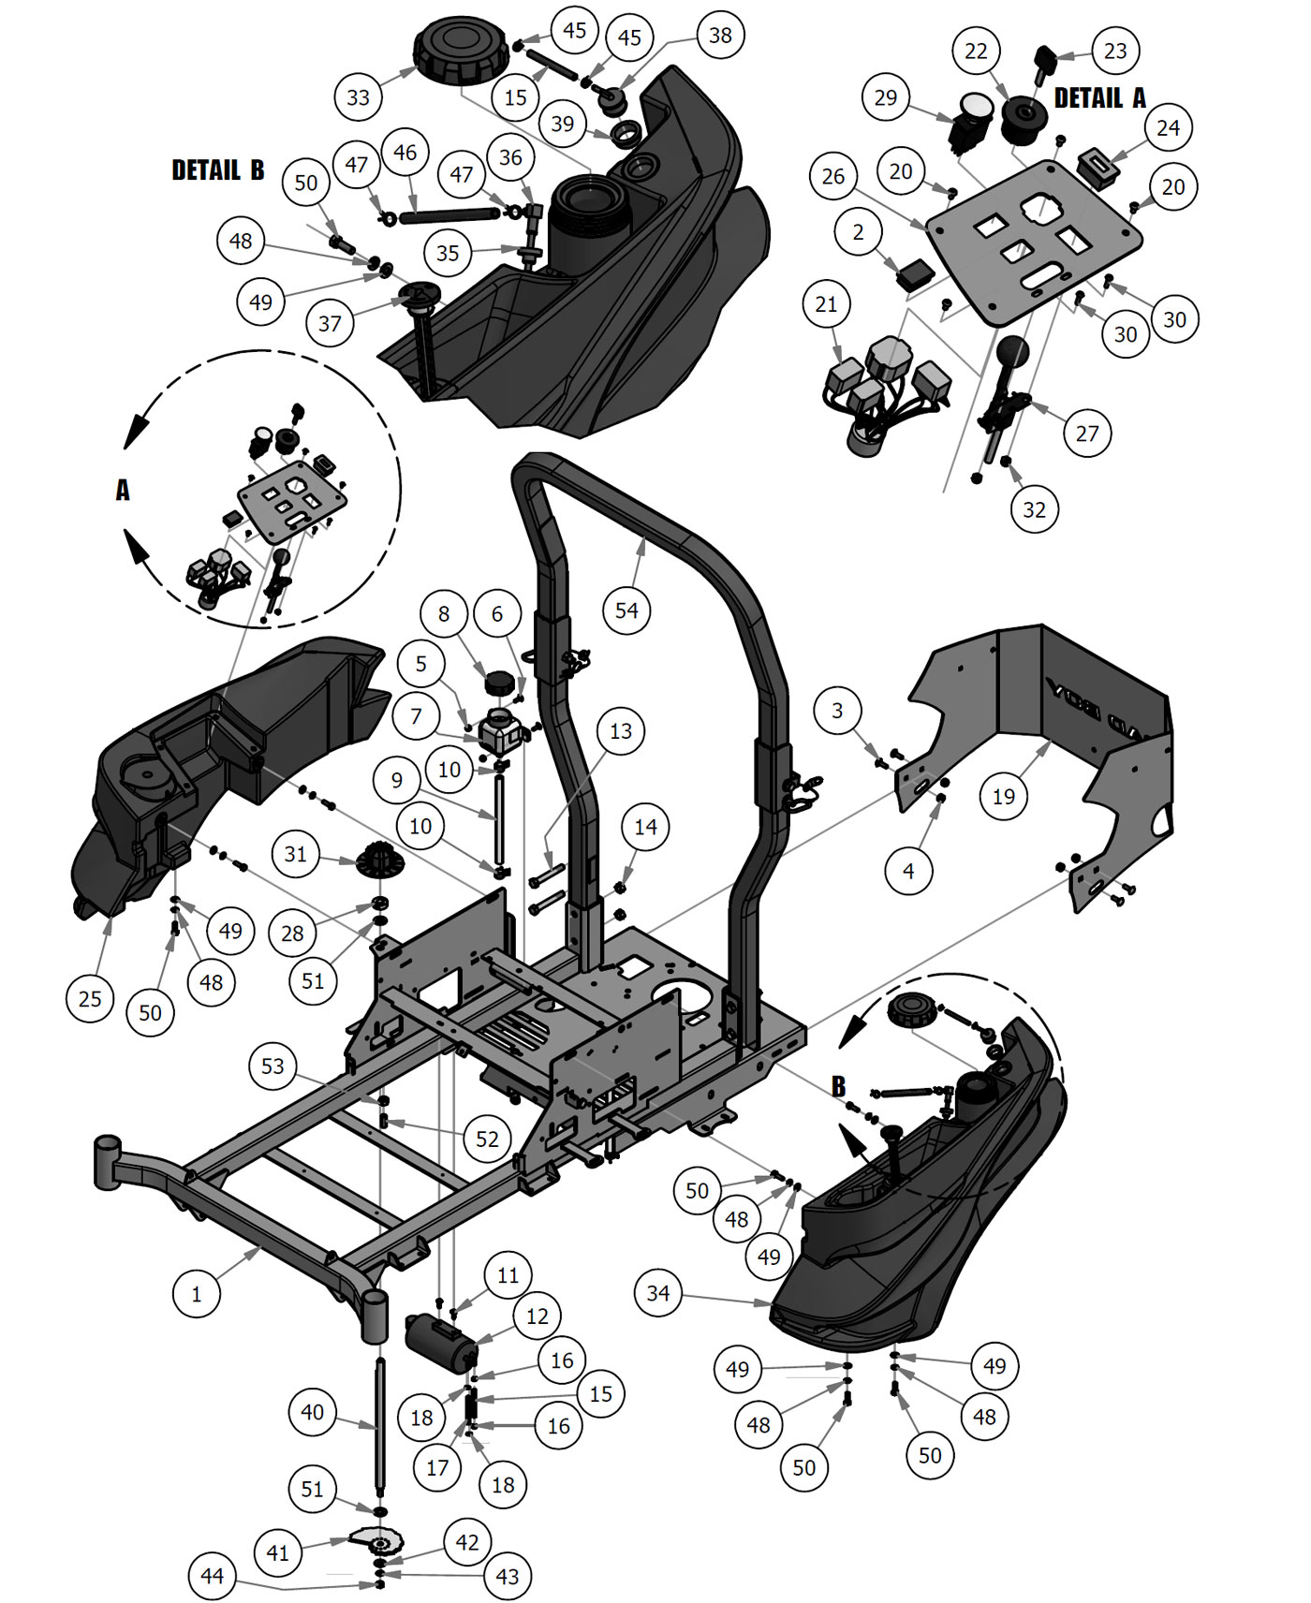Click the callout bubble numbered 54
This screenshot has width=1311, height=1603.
[x=626, y=610]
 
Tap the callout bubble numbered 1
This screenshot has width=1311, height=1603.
[x=197, y=1294]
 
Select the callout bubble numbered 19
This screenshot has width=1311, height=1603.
[x=1003, y=797]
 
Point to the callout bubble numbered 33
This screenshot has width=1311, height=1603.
[x=358, y=97]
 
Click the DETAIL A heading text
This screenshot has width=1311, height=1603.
[x=1099, y=98]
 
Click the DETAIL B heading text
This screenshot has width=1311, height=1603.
[x=217, y=170]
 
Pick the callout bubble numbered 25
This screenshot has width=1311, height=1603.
[x=90, y=999]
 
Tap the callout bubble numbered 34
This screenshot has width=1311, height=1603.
[x=658, y=1293]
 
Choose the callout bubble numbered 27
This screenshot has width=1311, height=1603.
[x=1086, y=434]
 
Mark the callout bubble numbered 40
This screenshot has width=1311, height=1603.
[x=312, y=1412]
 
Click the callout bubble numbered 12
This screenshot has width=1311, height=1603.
[x=537, y=1316]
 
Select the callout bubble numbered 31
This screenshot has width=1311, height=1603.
[x=295, y=854]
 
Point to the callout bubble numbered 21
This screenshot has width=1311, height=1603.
[x=826, y=304]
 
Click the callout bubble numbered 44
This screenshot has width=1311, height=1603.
[x=212, y=1577]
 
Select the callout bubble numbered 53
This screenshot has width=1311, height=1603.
[x=273, y=1066]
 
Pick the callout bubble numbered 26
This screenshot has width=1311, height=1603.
[x=833, y=176]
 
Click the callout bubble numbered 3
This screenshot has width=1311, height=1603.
[x=837, y=711]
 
